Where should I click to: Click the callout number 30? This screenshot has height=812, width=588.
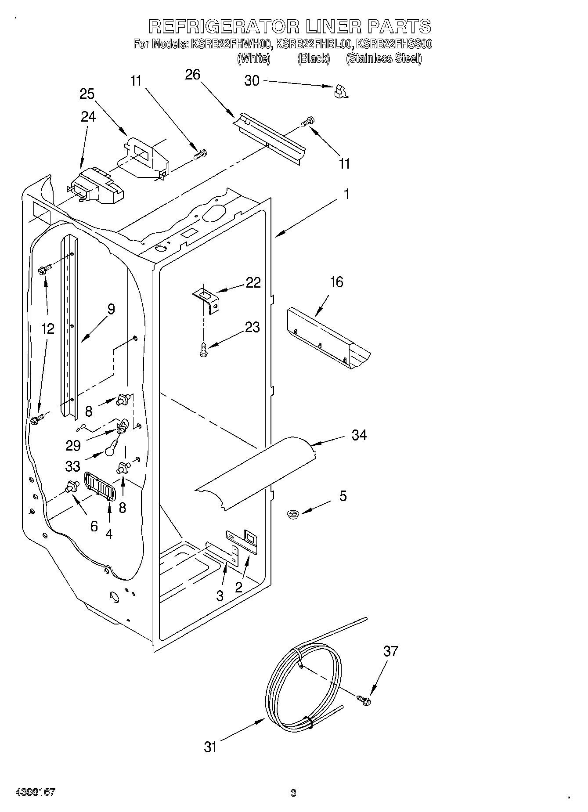(x=252, y=81)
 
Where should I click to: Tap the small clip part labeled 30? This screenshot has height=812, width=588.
(x=341, y=91)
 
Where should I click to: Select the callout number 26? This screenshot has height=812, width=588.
(x=192, y=75)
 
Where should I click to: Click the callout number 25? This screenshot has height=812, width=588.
(x=87, y=94)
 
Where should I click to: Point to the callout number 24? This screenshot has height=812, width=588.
(x=88, y=116)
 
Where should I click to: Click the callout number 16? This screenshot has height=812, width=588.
(x=336, y=282)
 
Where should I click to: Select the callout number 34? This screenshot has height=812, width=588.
(x=359, y=435)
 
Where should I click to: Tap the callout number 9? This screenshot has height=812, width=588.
(x=111, y=309)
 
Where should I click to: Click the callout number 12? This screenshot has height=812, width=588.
(x=48, y=328)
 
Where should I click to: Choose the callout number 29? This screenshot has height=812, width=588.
(x=73, y=445)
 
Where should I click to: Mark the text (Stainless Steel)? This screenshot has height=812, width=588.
(x=384, y=58)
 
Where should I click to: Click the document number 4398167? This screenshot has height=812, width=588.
(x=35, y=792)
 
